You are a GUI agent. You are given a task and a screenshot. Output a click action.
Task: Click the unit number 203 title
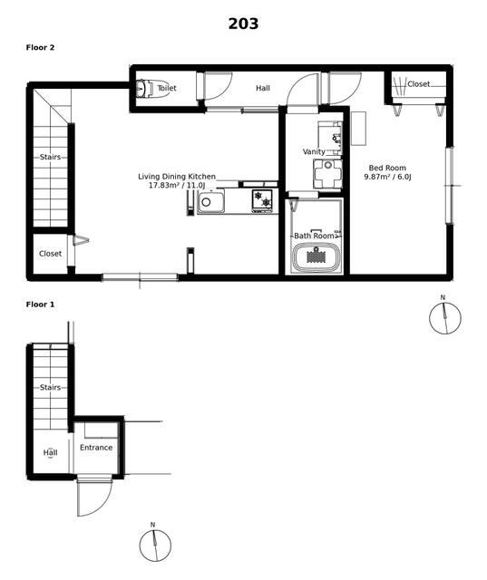pos(243,24)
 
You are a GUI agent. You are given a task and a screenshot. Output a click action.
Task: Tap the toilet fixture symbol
pos(144,89)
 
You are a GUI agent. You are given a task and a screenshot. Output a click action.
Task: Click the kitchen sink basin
pos(210,202)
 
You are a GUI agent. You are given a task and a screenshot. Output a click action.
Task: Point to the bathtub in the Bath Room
pos(316,257)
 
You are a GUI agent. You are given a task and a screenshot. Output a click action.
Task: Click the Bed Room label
pos(387,168)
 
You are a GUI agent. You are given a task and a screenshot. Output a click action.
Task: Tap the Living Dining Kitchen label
pos(177,177)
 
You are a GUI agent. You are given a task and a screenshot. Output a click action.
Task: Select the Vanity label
pos(314,151)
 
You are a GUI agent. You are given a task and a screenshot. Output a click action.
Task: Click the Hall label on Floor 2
pos(263,88)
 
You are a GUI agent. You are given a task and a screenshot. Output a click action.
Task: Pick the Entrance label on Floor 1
pos(96,448)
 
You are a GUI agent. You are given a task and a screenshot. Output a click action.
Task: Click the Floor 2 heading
pos(40,47)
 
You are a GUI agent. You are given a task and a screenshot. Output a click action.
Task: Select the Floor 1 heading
pos(40,304)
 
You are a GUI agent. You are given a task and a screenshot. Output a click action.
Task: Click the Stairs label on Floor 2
pos(50,157)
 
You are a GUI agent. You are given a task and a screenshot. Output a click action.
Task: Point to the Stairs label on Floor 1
pos(50,387)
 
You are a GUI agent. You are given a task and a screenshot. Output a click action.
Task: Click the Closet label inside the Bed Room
pos(419,84)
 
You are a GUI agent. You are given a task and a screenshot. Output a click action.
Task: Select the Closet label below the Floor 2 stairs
pos(50,254)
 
